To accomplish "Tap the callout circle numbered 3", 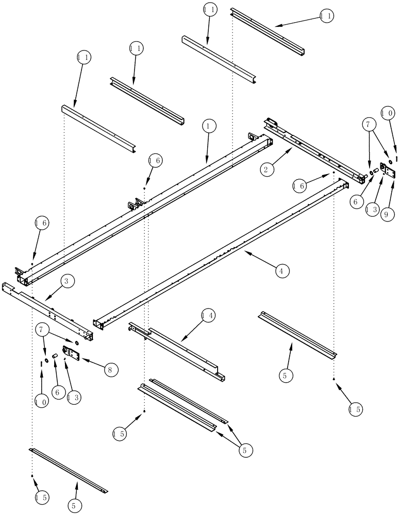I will click(69, 281).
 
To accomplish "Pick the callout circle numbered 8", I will click(110, 369).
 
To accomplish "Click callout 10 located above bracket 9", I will click(388, 112).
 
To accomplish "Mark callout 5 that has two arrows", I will click(245, 450).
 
